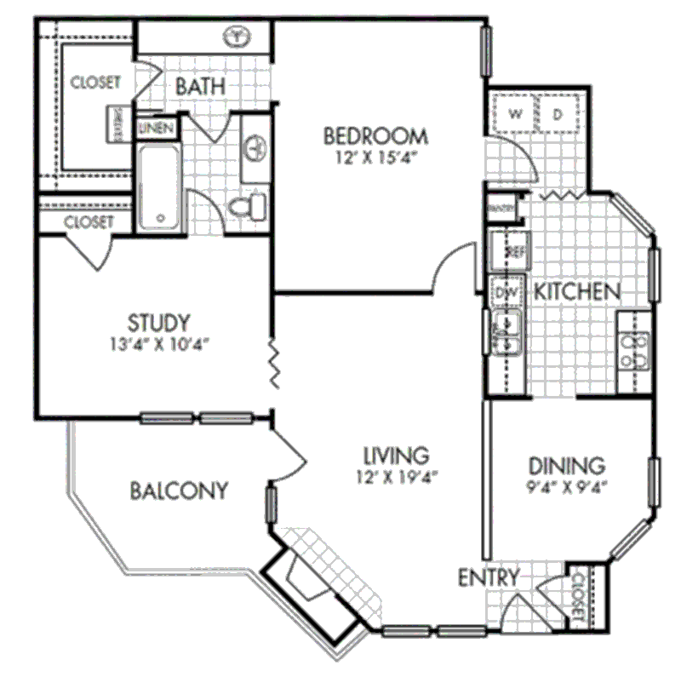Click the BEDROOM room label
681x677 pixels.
(375, 135)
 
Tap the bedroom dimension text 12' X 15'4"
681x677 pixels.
(375, 157)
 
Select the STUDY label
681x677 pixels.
(158, 323)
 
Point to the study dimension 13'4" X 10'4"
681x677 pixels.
(158, 344)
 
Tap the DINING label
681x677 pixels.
(567, 466)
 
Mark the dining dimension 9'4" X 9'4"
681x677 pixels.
(567, 488)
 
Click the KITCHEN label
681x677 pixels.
(575, 291)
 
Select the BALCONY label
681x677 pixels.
(180, 491)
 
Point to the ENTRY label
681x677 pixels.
(489, 577)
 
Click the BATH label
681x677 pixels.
(201, 85)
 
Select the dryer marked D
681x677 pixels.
(559, 113)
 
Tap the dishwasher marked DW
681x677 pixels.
(506, 292)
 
